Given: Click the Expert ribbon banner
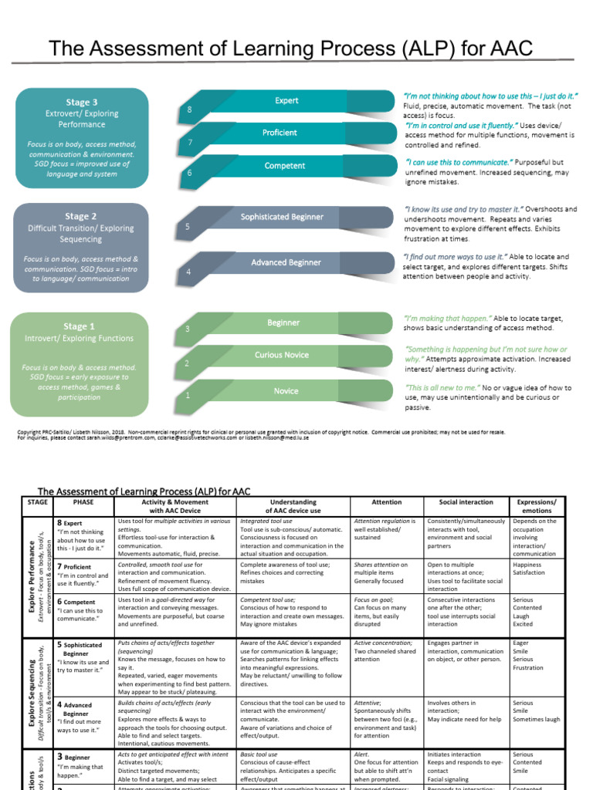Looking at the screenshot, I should coord(286,101).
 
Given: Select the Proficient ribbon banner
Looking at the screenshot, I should coord(280,133).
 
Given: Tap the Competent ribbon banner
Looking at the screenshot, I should coord(284,166).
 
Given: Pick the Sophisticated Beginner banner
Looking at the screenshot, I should coord(281,217).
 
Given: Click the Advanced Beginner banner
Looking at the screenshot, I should coord(285,262).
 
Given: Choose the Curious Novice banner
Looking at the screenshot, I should coord(282,355).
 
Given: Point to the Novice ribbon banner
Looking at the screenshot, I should coord(285,391).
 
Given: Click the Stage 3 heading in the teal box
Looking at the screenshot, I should coord(81,102).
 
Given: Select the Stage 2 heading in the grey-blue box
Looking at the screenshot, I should coord(81,217).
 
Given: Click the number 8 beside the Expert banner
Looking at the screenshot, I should coord(189,111).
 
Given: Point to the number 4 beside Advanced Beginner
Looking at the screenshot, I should coord(188,272).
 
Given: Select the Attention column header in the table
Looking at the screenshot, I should coord(386,502).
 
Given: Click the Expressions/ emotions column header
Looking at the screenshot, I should coord(537,506).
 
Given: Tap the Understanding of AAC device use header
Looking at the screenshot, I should coord(293,506).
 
